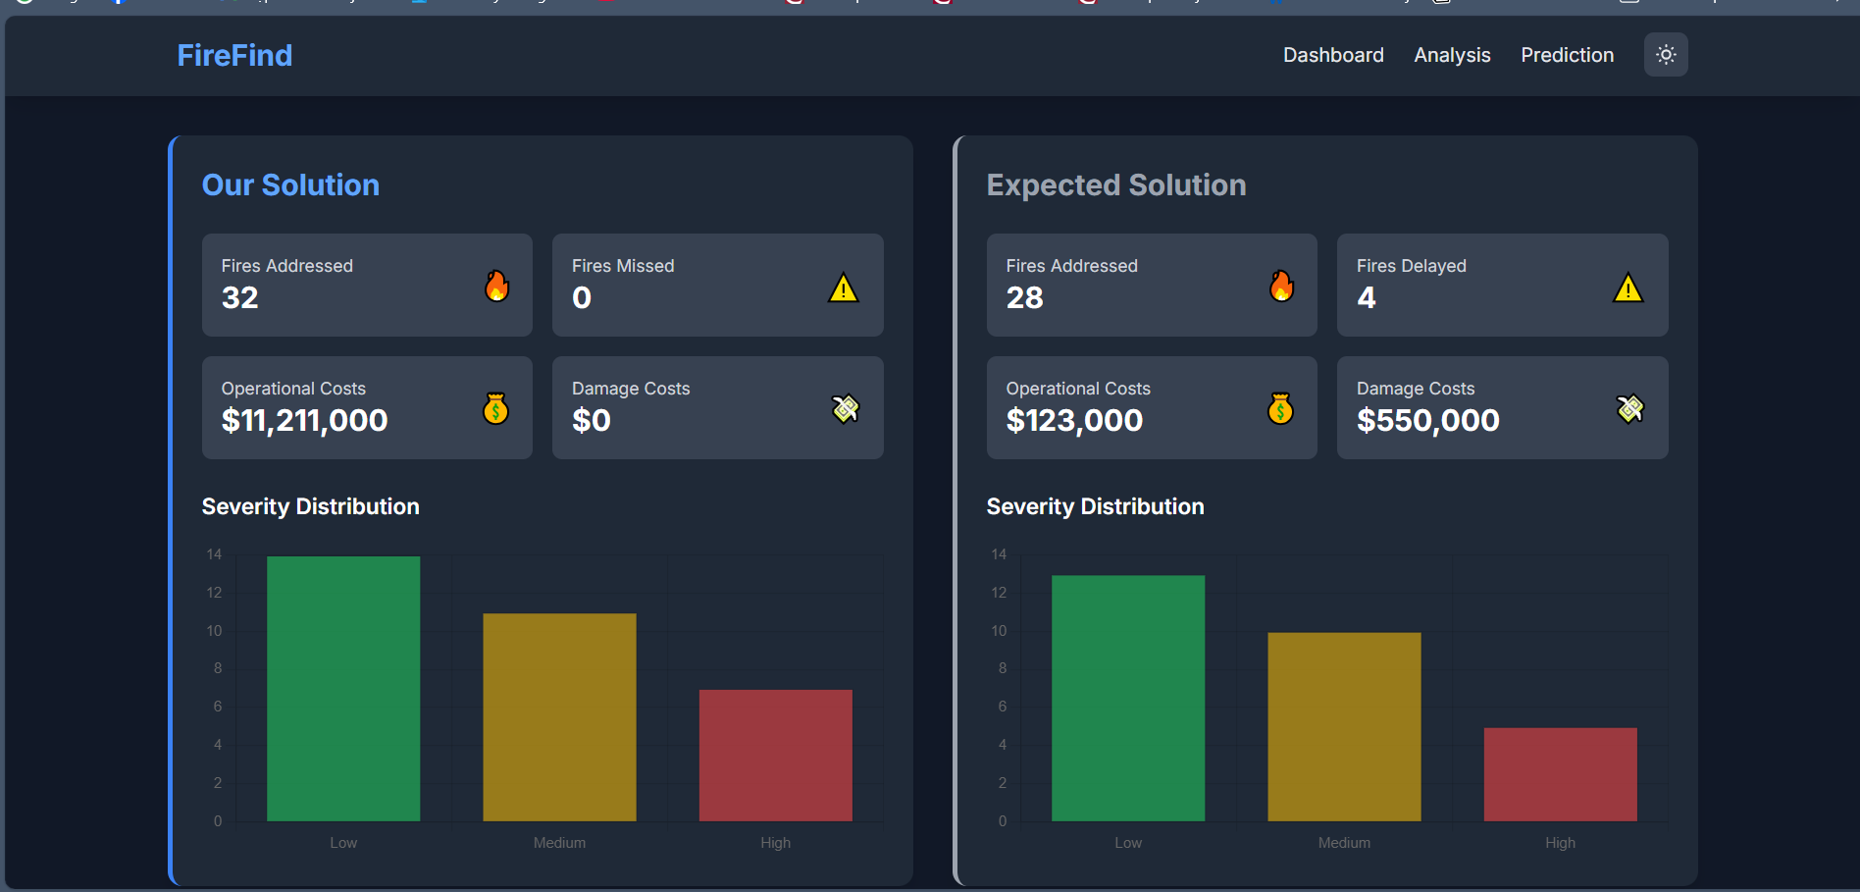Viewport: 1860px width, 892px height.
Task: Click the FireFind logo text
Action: tap(234, 55)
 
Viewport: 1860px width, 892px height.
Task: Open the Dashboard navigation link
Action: tap(1333, 55)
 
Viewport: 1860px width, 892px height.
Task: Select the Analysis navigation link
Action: tap(1452, 55)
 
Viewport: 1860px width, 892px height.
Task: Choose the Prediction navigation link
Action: tap(1567, 55)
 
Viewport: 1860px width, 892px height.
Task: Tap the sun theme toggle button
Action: tap(1666, 55)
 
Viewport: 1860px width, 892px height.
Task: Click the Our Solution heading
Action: tap(290, 184)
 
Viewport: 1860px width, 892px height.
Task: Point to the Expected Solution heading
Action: tap(1116, 184)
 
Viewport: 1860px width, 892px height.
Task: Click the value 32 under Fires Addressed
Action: tap(240, 297)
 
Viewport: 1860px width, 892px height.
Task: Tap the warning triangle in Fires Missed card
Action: tap(844, 289)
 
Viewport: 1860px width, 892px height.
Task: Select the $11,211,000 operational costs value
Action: tap(304, 420)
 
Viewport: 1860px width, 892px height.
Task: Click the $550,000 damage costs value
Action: tap(1427, 420)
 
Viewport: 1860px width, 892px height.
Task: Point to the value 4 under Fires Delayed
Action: tap(1367, 297)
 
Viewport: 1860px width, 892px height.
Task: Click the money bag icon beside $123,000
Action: tap(1280, 408)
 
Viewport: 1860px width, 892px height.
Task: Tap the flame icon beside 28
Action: tap(1281, 286)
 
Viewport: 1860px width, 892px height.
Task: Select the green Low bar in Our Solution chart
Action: tap(343, 688)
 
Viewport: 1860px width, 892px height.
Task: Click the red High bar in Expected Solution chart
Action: tap(1560, 774)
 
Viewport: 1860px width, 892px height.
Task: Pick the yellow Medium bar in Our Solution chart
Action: tap(559, 717)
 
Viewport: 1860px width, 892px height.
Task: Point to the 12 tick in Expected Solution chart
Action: tap(999, 593)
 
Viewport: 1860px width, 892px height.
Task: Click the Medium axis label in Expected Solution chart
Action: tap(1344, 843)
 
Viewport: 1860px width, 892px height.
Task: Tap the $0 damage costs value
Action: tap(592, 420)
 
